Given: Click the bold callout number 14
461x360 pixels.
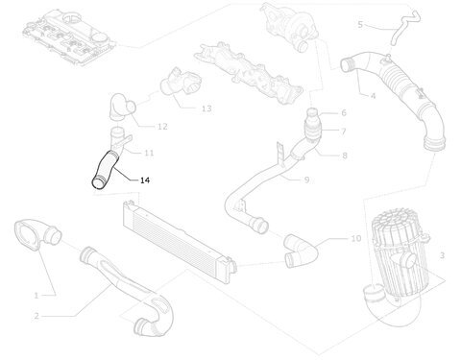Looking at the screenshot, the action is click(145, 180).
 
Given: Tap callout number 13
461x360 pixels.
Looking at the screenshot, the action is click(206, 108).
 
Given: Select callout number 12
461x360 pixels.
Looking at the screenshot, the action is click(162, 127).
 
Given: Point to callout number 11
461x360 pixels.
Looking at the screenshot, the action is click(149, 153).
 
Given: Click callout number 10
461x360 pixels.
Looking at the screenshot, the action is click(356, 238).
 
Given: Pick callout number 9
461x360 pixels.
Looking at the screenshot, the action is click(306, 180).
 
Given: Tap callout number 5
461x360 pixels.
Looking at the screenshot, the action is click(360, 24).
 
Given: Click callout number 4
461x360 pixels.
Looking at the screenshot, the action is click(373, 95).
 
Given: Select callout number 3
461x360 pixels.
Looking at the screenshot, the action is click(442, 255).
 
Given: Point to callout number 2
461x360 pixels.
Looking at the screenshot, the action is click(36, 316).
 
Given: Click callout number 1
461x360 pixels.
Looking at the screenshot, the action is click(36, 296).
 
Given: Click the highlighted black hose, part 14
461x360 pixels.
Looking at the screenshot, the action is click(105, 170).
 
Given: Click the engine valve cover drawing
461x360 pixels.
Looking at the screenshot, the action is click(66, 37).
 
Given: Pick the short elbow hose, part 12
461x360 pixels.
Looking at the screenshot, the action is click(122, 107).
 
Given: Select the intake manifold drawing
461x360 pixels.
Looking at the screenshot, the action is click(249, 73).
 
